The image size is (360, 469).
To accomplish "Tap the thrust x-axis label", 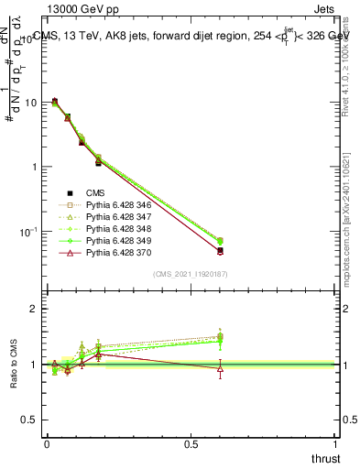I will pyautogui.click(x=326, y=459).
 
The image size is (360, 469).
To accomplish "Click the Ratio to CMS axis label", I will pyautogui.click(x=15, y=364).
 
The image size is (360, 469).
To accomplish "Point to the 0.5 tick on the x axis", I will pyautogui.click(x=191, y=443).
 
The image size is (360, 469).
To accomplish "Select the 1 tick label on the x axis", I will pyautogui.click(x=337, y=443).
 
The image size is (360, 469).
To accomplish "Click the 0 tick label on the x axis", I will pyautogui.click(x=47, y=443).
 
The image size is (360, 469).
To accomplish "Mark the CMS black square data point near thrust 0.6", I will pyautogui.click(x=220, y=250).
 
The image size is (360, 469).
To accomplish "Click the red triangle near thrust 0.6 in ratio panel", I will pyautogui.click(x=220, y=368).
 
